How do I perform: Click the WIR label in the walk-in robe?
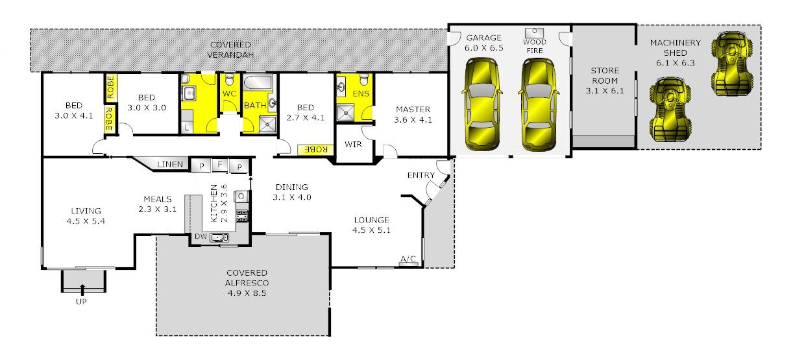click(x=353, y=145)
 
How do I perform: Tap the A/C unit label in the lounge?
click(x=408, y=259)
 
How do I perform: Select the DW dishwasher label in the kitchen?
click(x=201, y=237)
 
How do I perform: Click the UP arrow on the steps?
click(x=82, y=289)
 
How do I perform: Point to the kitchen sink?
click(x=219, y=237)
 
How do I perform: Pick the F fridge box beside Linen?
click(x=219, y=165)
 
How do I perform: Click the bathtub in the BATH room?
click(x=258, y=83)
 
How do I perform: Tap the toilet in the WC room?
click(x=230, y=79)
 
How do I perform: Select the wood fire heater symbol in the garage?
click(x=534, y=33)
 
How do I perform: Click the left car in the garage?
click(x=482, y=104)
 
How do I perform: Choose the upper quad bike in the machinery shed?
click(x=732, y=64)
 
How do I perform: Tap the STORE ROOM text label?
click(x=605, y=75)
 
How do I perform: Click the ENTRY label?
click(x=421, y=175)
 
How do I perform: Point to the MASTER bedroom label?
click(x=413, y=110)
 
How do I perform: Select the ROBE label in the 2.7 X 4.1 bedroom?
click(x=316, y=150)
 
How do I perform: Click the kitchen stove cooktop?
click(x=242, y=216)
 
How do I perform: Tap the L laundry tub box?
click(x=186, y=127)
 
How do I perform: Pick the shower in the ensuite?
click(x=345, y=113)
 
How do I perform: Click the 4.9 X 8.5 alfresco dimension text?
click(x=247, y=293)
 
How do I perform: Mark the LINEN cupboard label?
click(x=170, y=165)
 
